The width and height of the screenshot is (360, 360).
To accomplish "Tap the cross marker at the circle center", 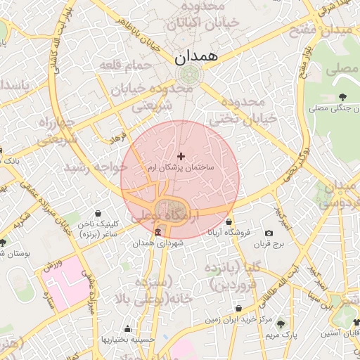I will tap(181, 156).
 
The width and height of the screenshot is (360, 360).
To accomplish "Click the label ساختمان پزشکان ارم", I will tap(181, 169).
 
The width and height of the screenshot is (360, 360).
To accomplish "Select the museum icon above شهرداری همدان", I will tap(157, 232).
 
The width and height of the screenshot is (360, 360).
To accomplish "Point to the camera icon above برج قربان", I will tap(269, 233).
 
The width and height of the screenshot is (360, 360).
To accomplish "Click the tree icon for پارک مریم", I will tap(281, 324).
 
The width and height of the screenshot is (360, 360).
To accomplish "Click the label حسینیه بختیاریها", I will tap(127, 339).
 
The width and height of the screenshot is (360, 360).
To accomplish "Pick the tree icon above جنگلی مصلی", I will tap(342, 97).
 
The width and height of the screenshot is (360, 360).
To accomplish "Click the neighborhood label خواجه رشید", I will tap(96, 167).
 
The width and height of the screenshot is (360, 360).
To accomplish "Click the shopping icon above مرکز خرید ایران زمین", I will tap(239, 309).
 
